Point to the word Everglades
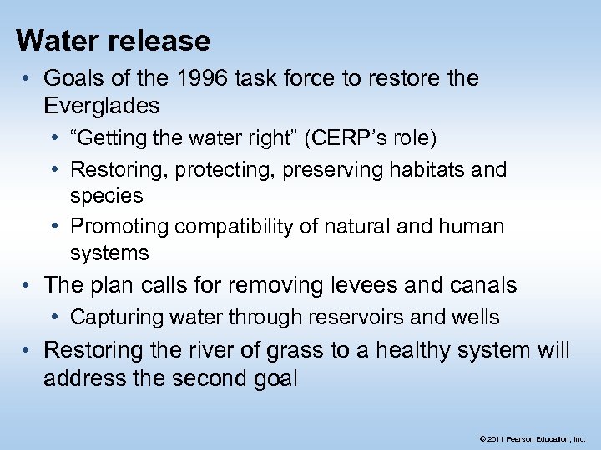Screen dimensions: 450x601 [x=102, y=105]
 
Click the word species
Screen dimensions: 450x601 [x=106, y=196]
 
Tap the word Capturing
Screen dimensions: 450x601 [x=119, y=317]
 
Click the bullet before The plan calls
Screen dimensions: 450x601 [x=28, y=285]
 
